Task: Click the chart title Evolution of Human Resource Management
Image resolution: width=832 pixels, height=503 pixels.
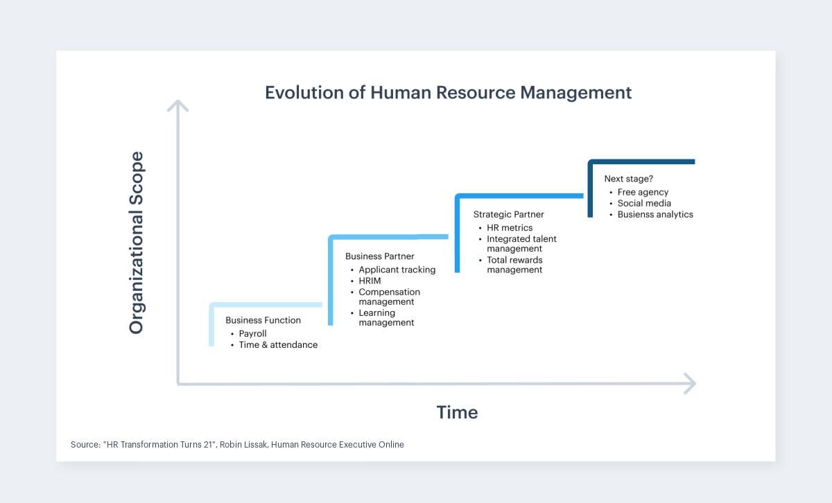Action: (x=448, y=93)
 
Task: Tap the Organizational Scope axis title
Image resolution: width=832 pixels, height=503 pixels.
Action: (x=136, y=242)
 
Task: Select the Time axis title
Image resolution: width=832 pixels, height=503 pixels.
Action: (x=457, y=412)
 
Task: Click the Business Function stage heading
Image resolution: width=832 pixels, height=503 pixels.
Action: (x=263, y=321)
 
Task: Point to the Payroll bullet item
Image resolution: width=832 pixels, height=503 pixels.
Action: (x=252, y=333)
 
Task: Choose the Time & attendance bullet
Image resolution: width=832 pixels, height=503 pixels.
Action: (x=278, y=344)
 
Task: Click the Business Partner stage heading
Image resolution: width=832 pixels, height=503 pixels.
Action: (x=379, y=256)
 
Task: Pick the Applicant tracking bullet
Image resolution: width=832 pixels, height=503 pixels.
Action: (x=397, y=270)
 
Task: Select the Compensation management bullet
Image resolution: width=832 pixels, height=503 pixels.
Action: (x=389, y=297)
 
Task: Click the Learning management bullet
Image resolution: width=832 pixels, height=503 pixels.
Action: (x=386, y=317)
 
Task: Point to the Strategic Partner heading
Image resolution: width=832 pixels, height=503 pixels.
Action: (x=508, y=215)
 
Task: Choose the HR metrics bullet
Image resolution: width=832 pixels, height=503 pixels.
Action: (x=510, y=228)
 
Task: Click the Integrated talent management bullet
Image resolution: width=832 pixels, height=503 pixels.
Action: (x=521, y=243)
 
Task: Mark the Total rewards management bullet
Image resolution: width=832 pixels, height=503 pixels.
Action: (x=514, y=265)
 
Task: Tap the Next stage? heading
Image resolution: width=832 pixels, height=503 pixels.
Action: (x=628, y=179)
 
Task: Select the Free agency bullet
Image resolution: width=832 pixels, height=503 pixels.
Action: (x=643, y=192)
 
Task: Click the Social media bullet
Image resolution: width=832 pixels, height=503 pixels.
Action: (x=644, y=203)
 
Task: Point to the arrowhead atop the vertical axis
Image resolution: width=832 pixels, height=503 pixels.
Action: (x=178, y=105)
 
